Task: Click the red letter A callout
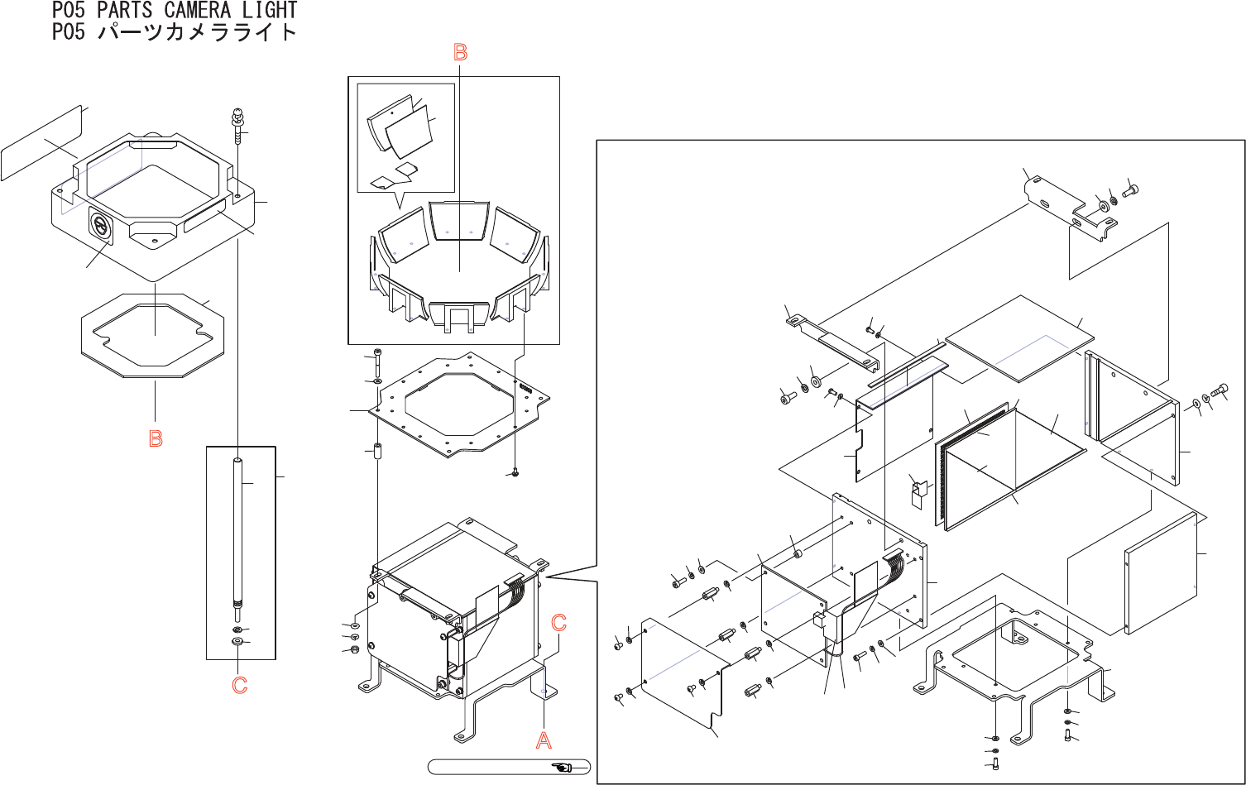tap(544, 740)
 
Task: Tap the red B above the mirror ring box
tap(460, 52)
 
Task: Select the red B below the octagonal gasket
tap(156, 438)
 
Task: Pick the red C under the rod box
tap(240, 685)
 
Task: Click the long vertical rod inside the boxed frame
tap(237, 534)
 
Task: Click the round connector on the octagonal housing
tap(101, 225)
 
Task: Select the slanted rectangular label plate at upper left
tap(41, 143)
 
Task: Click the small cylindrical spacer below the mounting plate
tap(378, 451)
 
